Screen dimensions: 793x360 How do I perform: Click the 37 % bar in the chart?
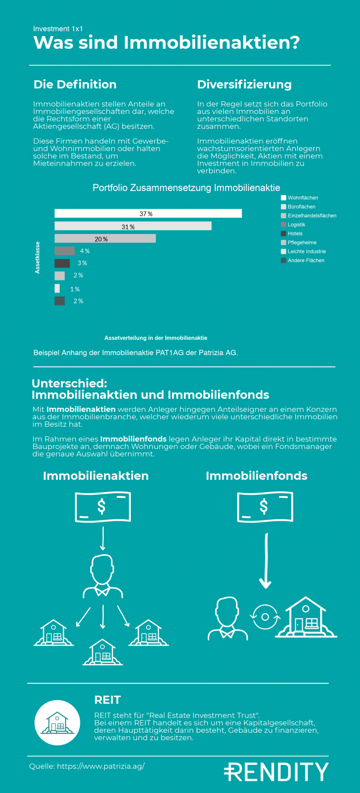click(x=148, y=213)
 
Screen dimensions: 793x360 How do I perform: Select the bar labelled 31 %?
click(x=133, y=226)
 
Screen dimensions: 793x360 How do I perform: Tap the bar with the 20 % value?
click(x=105, y=238)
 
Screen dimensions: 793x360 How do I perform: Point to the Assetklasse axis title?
click(x=37, y=258)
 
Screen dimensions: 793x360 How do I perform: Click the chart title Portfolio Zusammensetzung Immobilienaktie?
click(x=186, y=188)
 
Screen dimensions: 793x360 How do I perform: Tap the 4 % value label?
click(x=85, y=251)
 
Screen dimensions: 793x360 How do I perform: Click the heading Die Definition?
click(x=75, y=85)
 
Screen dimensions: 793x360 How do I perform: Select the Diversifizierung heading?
click(x=244, y=85)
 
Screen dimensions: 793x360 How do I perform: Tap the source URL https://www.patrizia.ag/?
click(x=101, y=766)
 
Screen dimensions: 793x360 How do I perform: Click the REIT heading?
click(x=108, y=700)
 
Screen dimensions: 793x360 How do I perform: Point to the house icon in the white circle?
click(x=57, y=723)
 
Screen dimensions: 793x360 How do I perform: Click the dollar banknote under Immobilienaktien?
click(x=103, y=507)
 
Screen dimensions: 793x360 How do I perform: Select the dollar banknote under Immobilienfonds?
click(x=265, y=507)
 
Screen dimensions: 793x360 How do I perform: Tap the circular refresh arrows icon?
click(x=265, y=617)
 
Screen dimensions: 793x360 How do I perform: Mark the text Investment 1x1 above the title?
click(x=58, y=29)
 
